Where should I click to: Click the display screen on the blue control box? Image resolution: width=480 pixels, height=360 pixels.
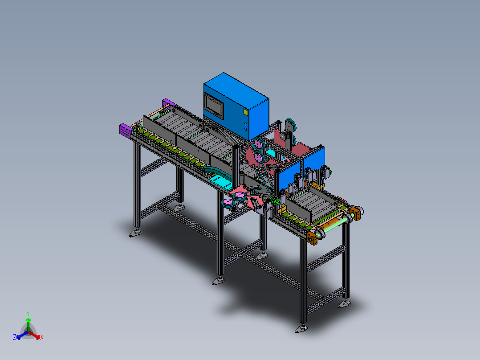point(214,105)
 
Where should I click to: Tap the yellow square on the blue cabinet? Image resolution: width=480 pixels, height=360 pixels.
point(245,112)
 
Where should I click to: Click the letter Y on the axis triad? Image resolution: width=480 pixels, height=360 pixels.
point(28,313)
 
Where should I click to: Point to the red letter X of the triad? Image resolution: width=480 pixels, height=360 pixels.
point(42,337)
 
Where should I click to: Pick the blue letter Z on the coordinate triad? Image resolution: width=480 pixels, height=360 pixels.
point(15,337)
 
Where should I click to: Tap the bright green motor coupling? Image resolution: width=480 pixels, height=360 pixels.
point(275,201)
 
